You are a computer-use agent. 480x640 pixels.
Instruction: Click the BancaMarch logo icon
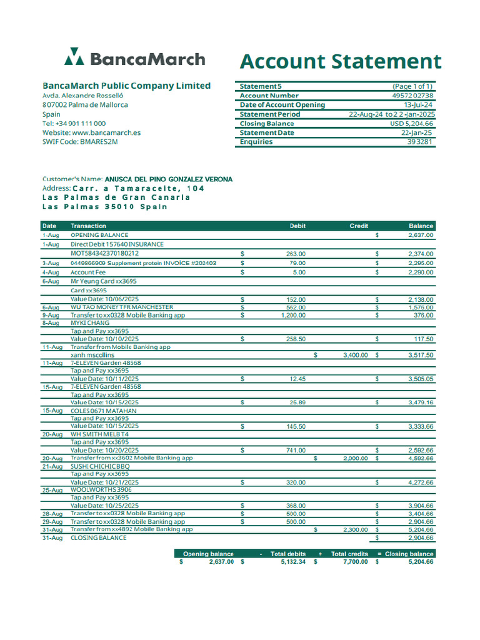74,57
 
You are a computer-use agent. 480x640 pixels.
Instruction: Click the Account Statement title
341,62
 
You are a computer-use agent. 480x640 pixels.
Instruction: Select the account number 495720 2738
412,96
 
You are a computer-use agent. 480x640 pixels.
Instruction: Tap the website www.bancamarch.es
106,132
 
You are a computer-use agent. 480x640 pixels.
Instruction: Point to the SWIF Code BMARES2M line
80,142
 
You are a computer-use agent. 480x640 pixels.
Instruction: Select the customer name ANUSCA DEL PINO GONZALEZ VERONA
168,179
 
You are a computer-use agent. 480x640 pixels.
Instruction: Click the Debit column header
297,226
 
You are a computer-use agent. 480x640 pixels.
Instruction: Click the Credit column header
359,226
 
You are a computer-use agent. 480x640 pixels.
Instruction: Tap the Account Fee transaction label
88,272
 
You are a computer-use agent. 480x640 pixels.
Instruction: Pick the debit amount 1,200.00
292,316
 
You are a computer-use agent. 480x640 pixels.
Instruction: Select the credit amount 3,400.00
356,355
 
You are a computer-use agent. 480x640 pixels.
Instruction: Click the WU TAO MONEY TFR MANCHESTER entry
121,307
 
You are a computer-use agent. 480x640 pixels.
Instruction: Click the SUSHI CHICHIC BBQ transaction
100,466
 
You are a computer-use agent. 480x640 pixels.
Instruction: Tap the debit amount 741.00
296,450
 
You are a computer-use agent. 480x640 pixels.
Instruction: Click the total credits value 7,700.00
356,562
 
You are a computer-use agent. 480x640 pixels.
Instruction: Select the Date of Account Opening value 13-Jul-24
419,105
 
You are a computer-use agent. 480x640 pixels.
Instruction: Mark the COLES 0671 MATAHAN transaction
103,411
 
